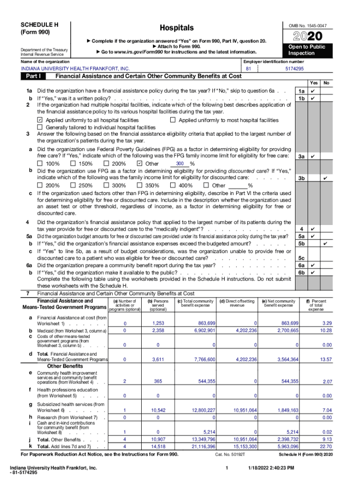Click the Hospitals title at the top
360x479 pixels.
pyautogui.click(x=176, y=28)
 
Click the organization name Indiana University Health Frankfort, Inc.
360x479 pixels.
pyautogui.click(x=76, y=69)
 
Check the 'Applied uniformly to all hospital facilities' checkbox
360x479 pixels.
pyautogui.click(x=40, y=120)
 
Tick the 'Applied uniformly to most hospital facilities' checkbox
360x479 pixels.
pyautogui.click(x=173, y=120)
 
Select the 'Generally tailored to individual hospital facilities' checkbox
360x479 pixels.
pyautogui.click(x=40, y=127)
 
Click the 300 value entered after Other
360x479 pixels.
pyautogui.click(x=180, y=163)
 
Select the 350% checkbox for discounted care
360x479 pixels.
pyautogui.click(x=140, y=185)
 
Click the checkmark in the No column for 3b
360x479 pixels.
pyautogui.click(x=325, y=178)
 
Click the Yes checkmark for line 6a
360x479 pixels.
pyautogui.click(x=313, y=265)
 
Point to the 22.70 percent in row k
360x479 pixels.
pyautogui.click(x=326, y=446)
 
